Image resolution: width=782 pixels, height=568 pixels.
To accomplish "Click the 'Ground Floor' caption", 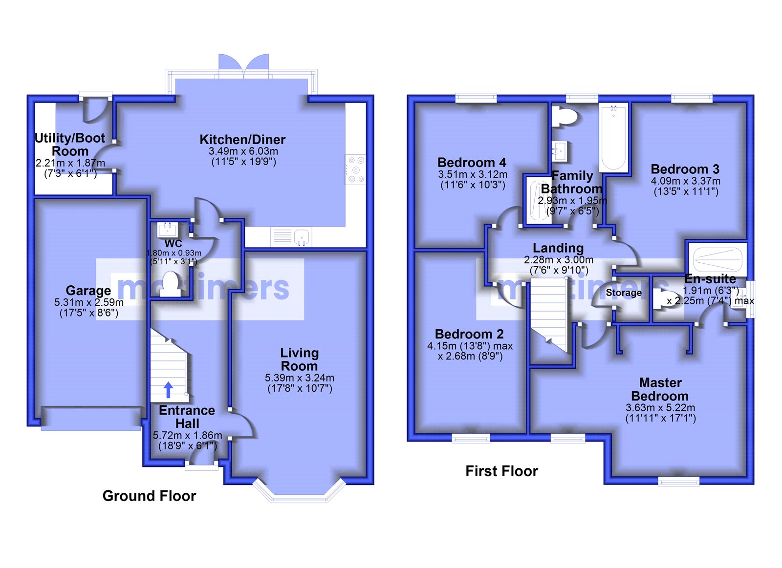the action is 149,496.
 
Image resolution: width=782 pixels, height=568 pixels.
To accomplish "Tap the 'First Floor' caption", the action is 501,471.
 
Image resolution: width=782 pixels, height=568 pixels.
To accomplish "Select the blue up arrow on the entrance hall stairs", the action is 168,390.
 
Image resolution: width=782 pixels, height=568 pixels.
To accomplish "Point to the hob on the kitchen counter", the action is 355,169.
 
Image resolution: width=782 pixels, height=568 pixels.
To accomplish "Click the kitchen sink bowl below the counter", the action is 301,237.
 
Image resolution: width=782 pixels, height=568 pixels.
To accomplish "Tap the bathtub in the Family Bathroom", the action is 613,138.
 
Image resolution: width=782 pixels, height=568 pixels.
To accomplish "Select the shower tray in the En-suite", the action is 717,259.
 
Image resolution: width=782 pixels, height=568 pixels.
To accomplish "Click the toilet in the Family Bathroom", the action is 565,117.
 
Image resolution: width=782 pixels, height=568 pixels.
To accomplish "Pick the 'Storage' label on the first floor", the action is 624,293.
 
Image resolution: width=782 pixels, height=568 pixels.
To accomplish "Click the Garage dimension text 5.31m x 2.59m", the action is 88,302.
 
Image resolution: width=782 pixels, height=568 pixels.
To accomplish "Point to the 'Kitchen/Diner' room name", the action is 242,140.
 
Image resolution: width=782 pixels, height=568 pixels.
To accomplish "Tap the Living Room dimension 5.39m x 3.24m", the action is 299,378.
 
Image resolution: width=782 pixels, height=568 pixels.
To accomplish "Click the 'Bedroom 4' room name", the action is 472,162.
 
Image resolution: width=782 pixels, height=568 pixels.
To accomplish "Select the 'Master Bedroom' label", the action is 660,389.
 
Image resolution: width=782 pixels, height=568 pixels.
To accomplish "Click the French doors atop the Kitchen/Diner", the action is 244,66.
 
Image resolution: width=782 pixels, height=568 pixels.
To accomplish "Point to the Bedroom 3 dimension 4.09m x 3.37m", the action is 685,181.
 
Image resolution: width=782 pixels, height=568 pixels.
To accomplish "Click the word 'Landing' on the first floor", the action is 558,248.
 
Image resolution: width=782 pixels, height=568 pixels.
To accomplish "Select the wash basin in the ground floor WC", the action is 168,230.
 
